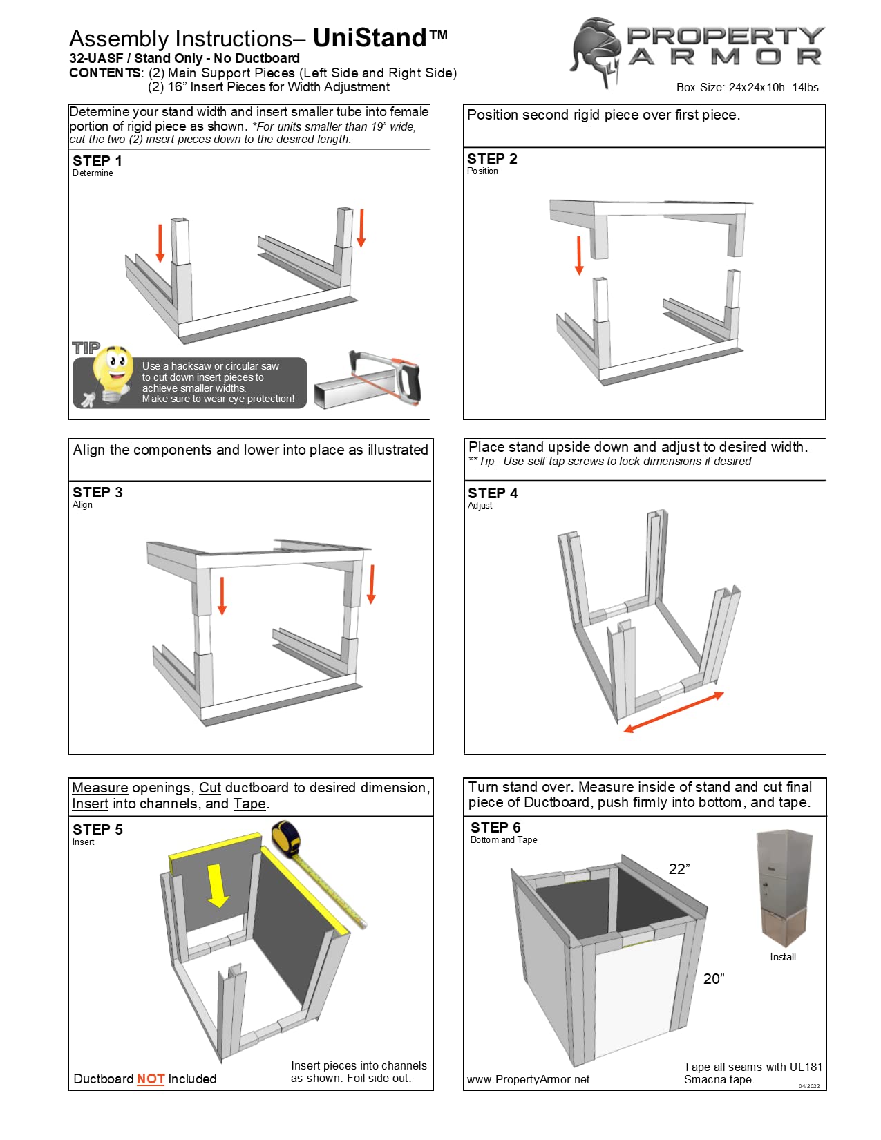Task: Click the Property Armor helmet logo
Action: [596, 52]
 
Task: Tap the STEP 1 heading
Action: [97, 161]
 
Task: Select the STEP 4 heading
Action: [493, 493]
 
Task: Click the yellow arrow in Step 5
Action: [218, 885]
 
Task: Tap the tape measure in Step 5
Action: [287, 838]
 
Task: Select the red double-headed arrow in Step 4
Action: [673, 712]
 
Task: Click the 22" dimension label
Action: [679, 869]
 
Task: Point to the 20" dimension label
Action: [714, 979]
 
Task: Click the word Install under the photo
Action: [783, 957]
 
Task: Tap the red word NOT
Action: [150, 1079]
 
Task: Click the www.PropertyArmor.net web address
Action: [528, 1080]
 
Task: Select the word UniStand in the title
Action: [370, 38]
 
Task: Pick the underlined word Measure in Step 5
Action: [100, 788]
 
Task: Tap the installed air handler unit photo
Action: [784, 887]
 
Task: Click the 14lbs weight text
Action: [805, 88]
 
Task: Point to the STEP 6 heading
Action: [495, 828]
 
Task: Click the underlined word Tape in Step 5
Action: [249, 804]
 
